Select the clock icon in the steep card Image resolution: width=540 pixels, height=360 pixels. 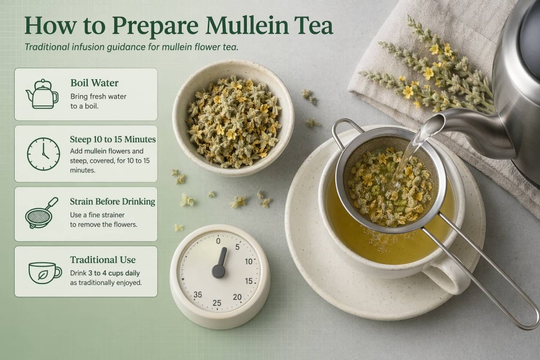coord(43,153)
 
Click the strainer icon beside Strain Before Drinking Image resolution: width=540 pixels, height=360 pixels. coord(42,213)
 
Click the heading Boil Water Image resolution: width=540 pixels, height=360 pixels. coord(94,83)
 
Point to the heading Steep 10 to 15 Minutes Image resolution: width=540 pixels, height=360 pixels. coord(112,139)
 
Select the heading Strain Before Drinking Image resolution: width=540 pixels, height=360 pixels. coord(112,201)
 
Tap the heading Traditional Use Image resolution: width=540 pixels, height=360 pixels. coord(102,260)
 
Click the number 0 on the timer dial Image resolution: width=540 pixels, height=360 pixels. coord(218,240)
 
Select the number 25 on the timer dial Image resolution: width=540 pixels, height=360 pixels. coord(217,303)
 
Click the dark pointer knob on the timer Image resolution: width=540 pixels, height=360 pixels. coord(218,271)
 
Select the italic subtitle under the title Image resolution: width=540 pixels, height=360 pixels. coord(131,47)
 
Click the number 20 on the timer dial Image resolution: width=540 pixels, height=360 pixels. coord(237,297)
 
